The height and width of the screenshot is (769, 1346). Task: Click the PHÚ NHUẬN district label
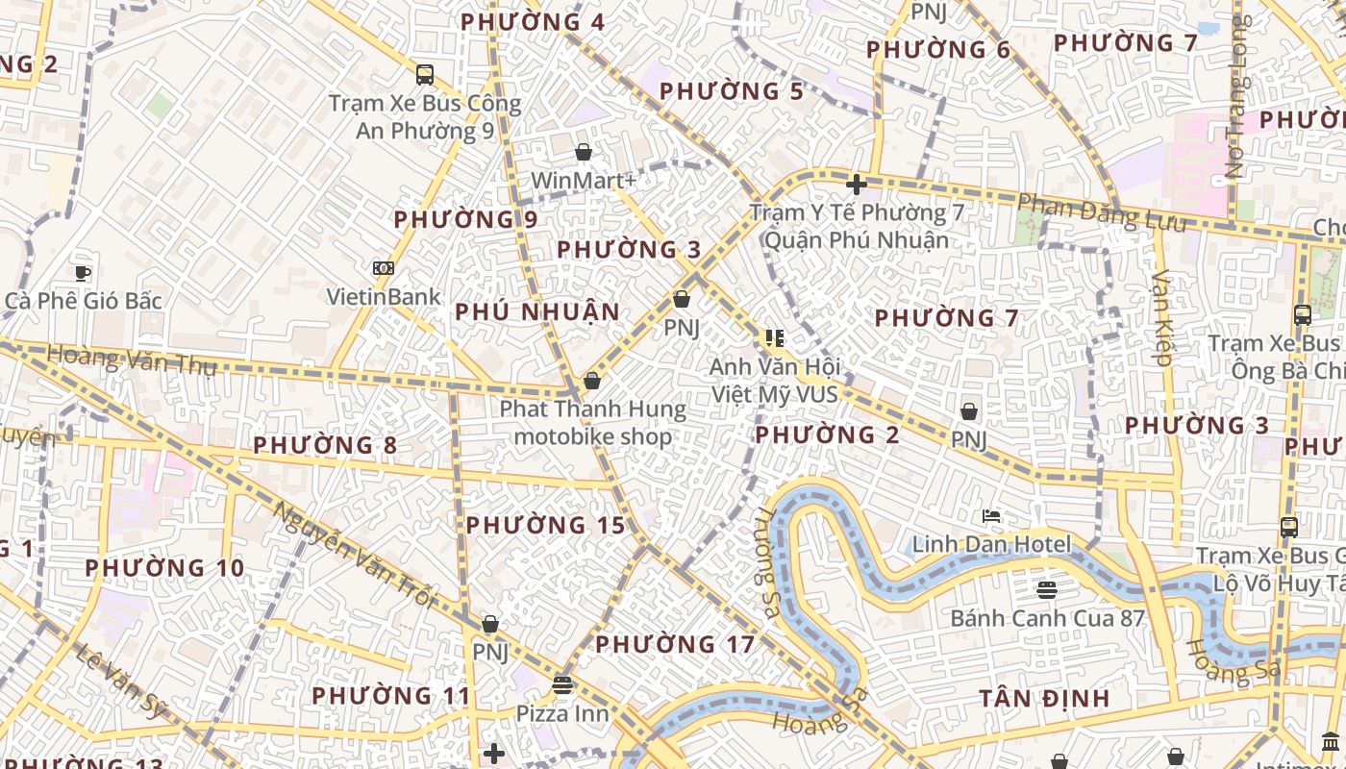(x=537, y=312)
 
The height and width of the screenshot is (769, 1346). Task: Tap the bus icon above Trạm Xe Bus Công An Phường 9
(x=424, y=74)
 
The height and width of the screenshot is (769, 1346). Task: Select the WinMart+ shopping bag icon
(x=583, y=152)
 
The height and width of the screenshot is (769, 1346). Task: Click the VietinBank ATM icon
(x=383, y=268)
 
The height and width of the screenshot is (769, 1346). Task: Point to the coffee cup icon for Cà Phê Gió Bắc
(x=84, y=273)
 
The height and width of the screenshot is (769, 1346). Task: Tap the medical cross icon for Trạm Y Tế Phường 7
(x=856, y=184)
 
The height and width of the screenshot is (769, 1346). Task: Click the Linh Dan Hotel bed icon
(x=990, y=516)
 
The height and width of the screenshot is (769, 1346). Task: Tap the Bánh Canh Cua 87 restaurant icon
(x=1047, y=588)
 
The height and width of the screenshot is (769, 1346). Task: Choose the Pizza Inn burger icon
(x=562, y=684)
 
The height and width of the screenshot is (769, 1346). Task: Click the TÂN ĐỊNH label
(x=1044, y=699)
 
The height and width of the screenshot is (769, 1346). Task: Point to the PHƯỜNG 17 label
(x=675, y=644)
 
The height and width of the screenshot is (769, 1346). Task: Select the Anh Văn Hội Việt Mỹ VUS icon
(x=774, y=337)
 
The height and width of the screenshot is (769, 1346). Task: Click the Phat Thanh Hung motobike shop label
(x=592, y=423)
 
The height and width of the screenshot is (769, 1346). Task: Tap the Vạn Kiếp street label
(x=1160, y=318)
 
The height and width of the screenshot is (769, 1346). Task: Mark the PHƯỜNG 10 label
(x=164, y=568)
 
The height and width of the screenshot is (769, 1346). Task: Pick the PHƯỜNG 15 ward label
(x=545, y=526)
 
